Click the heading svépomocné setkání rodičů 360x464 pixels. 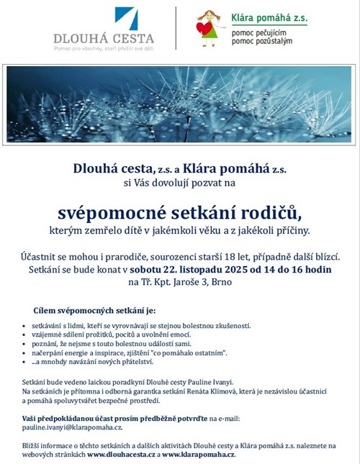pos(179,213)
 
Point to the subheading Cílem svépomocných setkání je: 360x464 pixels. pos(95,310)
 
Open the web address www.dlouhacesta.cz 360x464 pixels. pos(122,455)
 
